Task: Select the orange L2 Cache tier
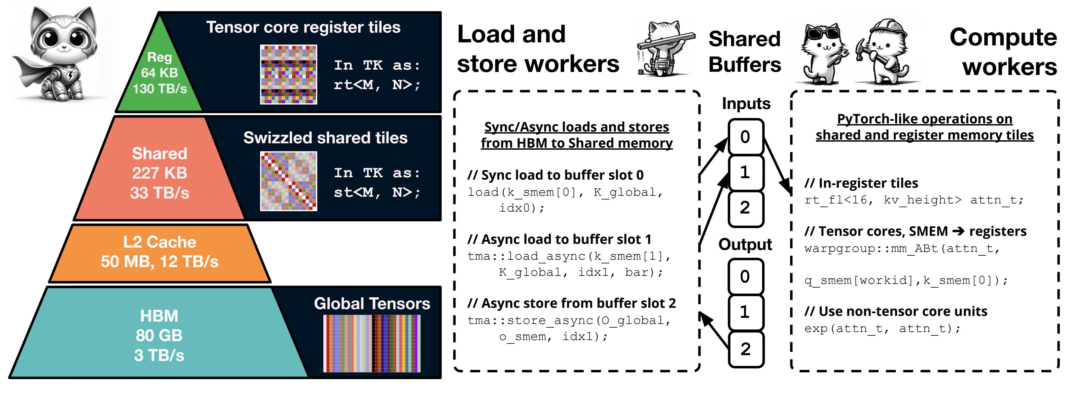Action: tap(160, 253)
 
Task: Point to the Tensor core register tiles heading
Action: tap(303, 28)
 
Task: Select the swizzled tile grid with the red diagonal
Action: tap(288, 181)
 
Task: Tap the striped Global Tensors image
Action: tap(372, 344)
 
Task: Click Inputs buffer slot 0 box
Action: tap(746, 137)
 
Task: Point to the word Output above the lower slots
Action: tap(746, 245)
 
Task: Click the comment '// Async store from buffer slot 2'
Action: tap(572, 303)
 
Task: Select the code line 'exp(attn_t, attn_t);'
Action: tap(883, 329)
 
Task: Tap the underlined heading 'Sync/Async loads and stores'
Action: tap(577, 127)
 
